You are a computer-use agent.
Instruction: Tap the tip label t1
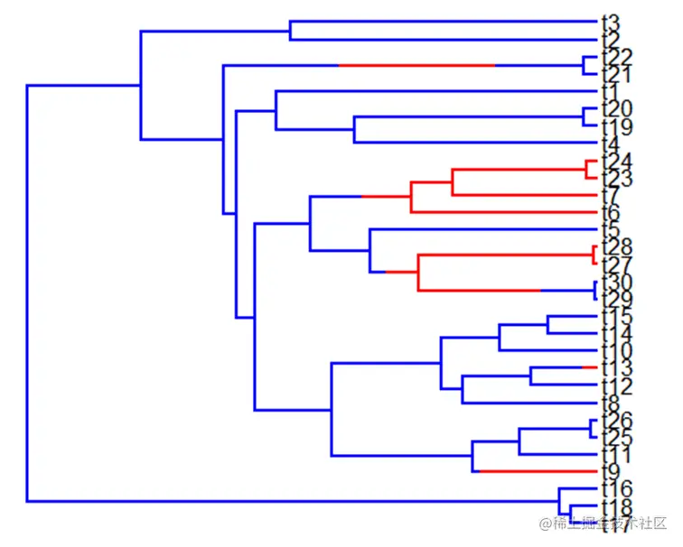point(610,91)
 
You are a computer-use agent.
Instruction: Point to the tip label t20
point(616,108)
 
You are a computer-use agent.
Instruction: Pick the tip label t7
point(610,195)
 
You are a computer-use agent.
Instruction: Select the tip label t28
point(616,247)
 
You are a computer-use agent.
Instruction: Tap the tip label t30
point(616,282)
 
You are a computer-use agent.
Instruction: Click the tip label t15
point(616,316)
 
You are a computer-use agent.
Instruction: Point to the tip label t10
point(616,350)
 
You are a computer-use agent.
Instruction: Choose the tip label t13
point(616,368)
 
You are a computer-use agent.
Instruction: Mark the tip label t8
point(610,403)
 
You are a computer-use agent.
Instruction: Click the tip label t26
point(616,420)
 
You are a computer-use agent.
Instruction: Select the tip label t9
point(610,471)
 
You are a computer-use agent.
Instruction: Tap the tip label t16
point(616,489)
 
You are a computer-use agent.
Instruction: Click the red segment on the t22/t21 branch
point(416,65)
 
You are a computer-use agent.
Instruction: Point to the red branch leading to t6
point(506,212)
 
